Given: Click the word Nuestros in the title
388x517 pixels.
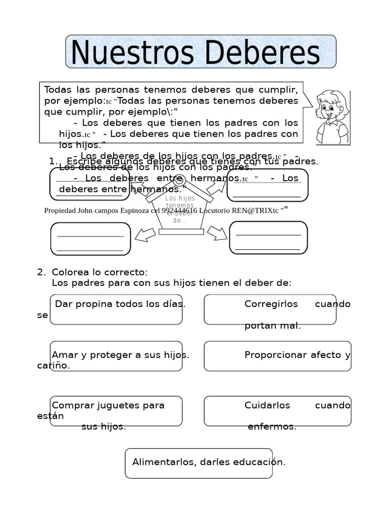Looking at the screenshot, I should point(129,53).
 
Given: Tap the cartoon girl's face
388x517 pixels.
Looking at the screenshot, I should point(331,107).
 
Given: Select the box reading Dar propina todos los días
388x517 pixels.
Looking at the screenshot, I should point(116,309).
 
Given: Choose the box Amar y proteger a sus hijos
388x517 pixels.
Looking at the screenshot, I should point(116,356).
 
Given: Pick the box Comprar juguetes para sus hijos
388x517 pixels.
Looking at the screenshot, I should point(116,411).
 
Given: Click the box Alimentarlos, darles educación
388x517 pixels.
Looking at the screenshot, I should point(199,463).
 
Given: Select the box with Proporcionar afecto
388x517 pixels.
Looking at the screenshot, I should point(277,356).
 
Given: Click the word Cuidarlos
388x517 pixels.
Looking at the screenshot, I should point(267,405).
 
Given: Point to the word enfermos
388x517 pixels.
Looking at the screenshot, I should point(272,427).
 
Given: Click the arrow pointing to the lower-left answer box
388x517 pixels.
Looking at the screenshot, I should point(145,234).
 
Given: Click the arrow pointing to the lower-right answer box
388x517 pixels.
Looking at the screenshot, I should point(217,233).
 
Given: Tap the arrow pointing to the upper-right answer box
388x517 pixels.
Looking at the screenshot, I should point(216,187).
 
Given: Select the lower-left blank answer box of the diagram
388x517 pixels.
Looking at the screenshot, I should point(90,239).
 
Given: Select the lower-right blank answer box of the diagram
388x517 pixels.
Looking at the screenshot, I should point(268,238).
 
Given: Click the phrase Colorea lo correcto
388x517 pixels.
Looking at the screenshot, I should point(100,272).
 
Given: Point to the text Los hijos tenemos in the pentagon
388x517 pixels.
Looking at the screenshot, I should point(180,202).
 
